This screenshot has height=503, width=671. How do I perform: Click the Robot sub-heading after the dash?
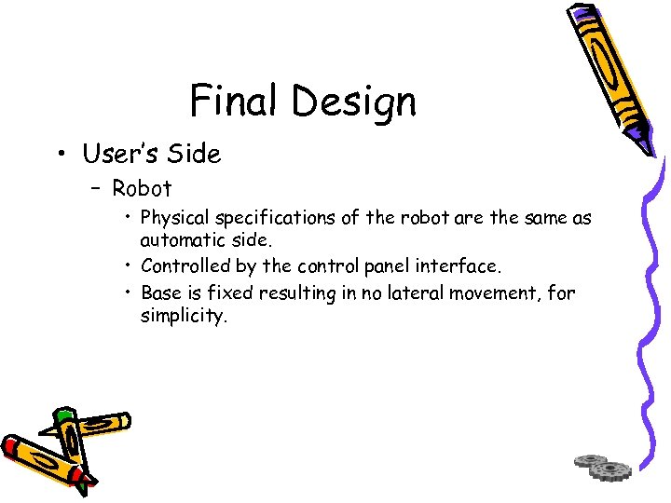pos(142,188)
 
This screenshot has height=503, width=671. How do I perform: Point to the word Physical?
pos(174,219)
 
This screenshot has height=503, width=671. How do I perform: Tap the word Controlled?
pos(185,267)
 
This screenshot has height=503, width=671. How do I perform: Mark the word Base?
pos(160,293)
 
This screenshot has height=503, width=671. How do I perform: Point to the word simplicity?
pos(183,316)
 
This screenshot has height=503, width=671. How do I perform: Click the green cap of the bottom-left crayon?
pos(62,415)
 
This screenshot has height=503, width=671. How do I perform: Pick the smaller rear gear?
pos(590,460)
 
